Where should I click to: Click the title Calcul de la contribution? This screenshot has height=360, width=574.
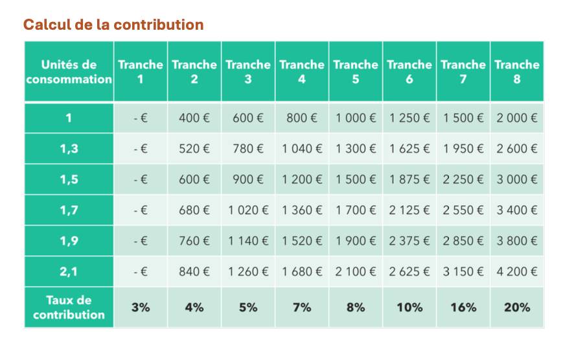pyautogui.click(x=113, y=25)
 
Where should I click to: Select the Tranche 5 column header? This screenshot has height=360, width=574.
pyautogui.click(x=356, y=71)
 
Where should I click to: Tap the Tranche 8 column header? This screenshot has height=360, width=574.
pyautogui.click(x=517, y=71)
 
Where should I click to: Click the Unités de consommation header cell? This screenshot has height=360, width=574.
pyautogui.click(x=69, y=71)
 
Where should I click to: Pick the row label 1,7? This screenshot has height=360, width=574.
pyautogui.click(x=69, y=210)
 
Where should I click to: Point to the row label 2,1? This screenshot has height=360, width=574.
pyautogui.click(x=69, y=271)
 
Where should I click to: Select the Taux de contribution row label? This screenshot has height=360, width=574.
pyautogui.click(x=69, y=308)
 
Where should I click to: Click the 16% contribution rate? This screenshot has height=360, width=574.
pyautogui.click(x=463, y=308)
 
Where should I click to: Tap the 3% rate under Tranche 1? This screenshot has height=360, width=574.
pyautogui.click(x=141, y=308)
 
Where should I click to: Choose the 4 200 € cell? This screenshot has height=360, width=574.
pyautogui.click(x=517, y=271)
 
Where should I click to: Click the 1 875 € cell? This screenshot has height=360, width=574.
pyautogui.click(x=409, y=179)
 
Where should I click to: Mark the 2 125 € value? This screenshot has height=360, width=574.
pyautogui.click(x=409, y=210)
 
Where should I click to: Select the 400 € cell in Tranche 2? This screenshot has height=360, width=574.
pyautogui.click(x=194, y=118)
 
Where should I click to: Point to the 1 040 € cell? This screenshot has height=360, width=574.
pyautogui.click(x=302, y=148)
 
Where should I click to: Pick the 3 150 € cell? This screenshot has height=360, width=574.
pyautogui.click(x=463, y=271)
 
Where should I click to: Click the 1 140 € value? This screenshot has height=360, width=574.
pyautogui.click(x=248, y=241)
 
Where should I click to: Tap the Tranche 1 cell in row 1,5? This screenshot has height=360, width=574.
pyautogui.click(x=141, y=179)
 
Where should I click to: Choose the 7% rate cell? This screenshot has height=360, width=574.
pyautogui.click(x=302, y=308)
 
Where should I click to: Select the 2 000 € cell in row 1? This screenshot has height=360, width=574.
pyautogui.click(x=517, y=118)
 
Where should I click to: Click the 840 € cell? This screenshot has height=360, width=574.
pyautogui.click(x=194, y=271)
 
